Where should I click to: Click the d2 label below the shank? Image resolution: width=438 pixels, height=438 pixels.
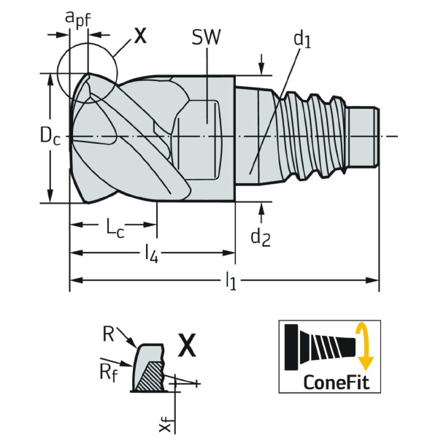261,236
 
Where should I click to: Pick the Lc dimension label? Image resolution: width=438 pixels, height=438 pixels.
114,228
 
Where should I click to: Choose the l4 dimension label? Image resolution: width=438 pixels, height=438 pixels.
151,253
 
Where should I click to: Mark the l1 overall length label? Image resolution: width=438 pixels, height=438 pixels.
231,280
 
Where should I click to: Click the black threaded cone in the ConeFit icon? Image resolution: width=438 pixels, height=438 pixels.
321,346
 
